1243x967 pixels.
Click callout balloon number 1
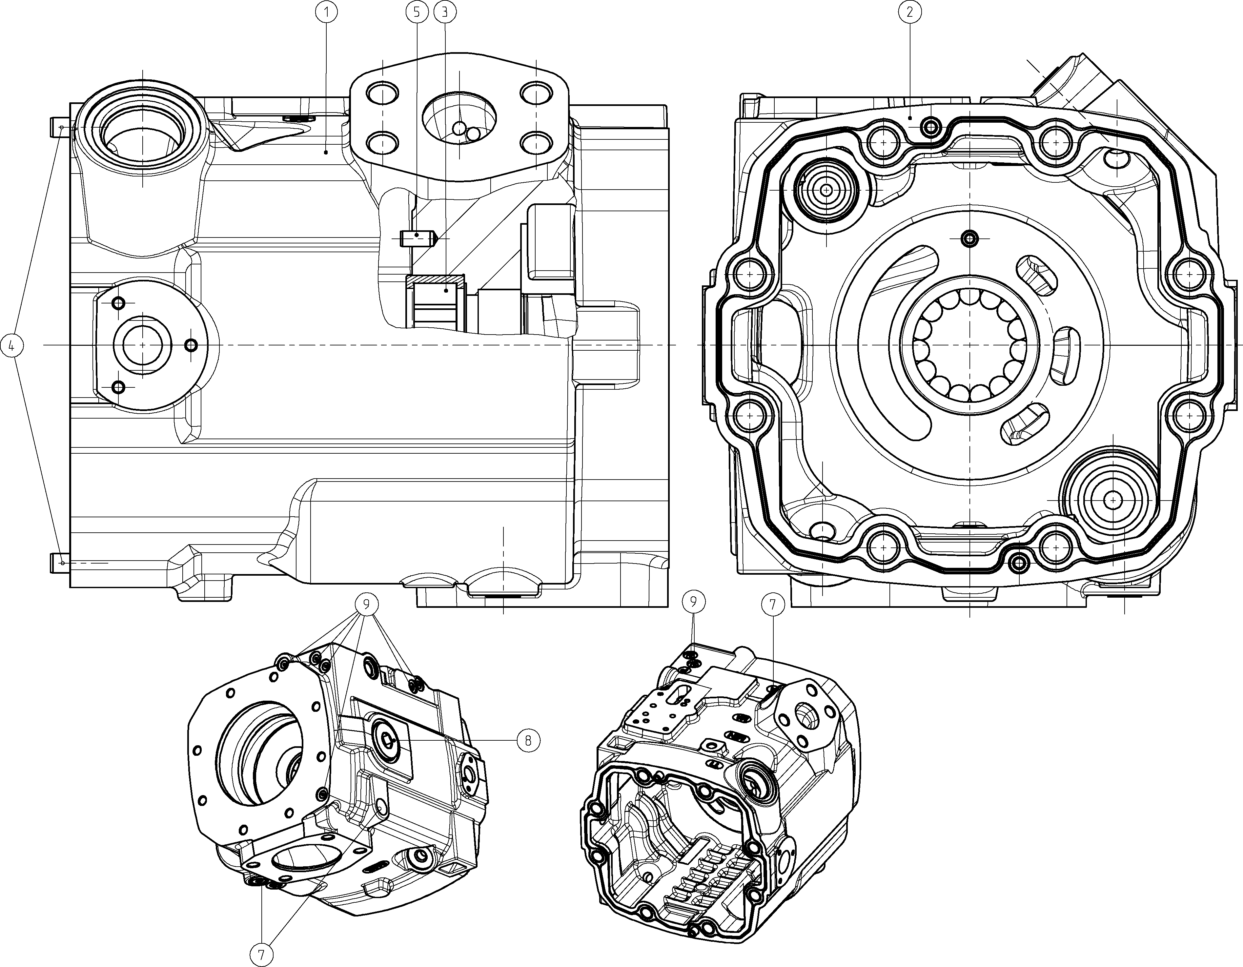[328, 11]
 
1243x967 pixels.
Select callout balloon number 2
[909, 11]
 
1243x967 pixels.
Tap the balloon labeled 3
[444, 11]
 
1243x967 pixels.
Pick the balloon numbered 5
[417, 11]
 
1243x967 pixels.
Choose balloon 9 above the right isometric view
[694, 601]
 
